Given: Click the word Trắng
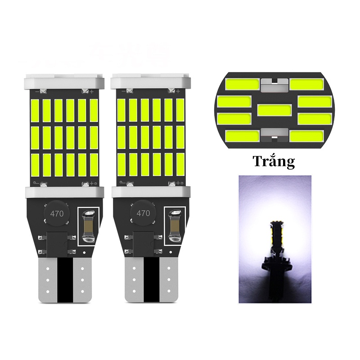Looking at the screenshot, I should click(273, 161).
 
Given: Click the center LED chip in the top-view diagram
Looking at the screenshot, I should click(274, 109).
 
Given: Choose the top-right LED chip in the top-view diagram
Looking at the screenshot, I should click(305, 84).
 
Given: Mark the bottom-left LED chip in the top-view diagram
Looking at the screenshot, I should click(243, 135).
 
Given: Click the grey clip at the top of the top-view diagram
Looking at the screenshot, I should click(274, 83).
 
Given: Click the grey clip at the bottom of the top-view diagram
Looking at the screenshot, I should click(274, 134).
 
